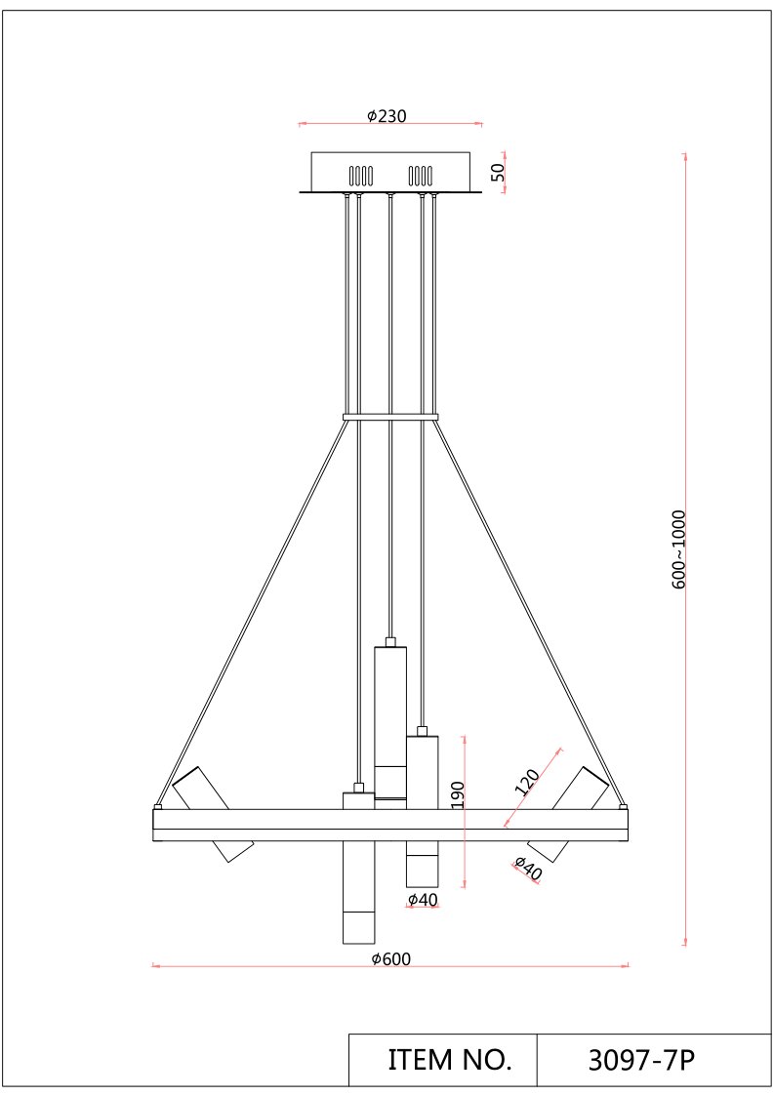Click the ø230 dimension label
coord(387,115)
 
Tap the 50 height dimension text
coord(498,172)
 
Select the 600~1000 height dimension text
coord(679,549)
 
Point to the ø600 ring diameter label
coord(390,959)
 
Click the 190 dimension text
coord(457,794)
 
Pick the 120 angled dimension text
coord(527,782)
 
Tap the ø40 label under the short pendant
coord(423,900)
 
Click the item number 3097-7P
coord(642,1060)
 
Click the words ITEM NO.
coord(450,1060)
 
